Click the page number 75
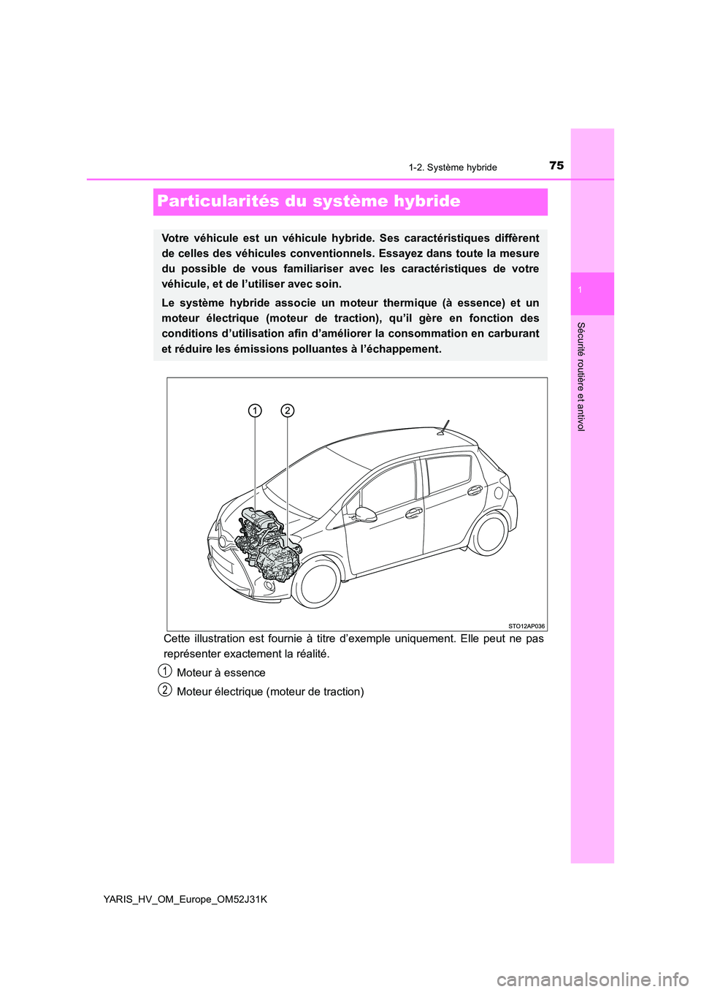pos(556,166)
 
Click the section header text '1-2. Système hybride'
pos(453,167)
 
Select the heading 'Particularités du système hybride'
pos(309,202)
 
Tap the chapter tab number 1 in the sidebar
pos(579,291)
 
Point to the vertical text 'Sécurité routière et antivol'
pos(581,376)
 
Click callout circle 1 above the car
pos(254,411)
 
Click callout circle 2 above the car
pos(287,411)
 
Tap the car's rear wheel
pos(490,533)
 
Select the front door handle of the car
pos(414,513)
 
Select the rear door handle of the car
pos(475,490)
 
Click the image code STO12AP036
pos(526,626)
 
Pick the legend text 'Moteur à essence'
pos(221,673)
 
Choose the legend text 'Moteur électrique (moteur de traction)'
pos(270,692)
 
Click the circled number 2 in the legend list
pos(166,690)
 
